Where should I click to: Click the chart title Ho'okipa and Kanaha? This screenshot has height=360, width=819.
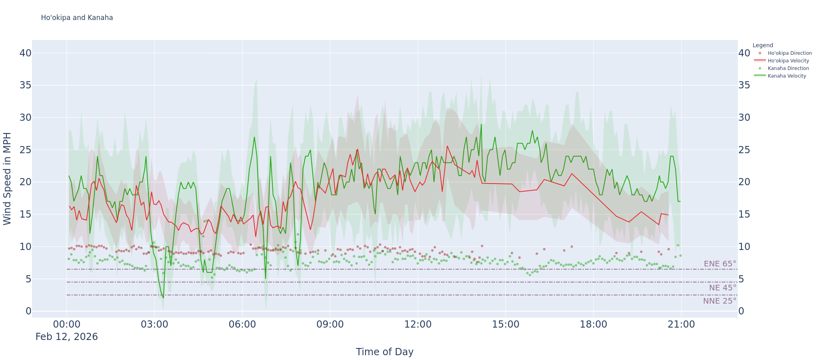click(x=77, y=18)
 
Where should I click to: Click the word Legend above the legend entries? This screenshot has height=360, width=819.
click(x=763, y=46)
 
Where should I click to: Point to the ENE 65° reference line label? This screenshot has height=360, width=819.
click(x=720, y=264)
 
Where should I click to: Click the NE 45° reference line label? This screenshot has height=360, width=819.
click(x=722, y=288)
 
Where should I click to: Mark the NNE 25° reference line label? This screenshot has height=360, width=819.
click(x=719, y=301)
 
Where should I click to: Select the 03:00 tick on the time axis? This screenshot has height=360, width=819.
click(x=154, y=324)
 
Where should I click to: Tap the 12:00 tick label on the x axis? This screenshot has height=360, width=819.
click(x=418, y=324)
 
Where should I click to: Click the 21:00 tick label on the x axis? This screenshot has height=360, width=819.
click(x=681, y=324)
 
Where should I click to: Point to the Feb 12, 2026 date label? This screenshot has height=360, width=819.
click(x=66, y=337)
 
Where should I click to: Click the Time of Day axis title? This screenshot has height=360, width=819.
click(x=385, y=352)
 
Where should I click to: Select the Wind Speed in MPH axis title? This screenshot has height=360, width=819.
click(x=7, y=178)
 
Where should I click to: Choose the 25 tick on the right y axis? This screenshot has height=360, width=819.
click(x=744, y=150)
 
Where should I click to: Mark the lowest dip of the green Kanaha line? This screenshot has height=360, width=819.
click(x=163, y=298)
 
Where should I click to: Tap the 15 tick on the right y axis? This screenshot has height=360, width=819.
click(x=744, y=214)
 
